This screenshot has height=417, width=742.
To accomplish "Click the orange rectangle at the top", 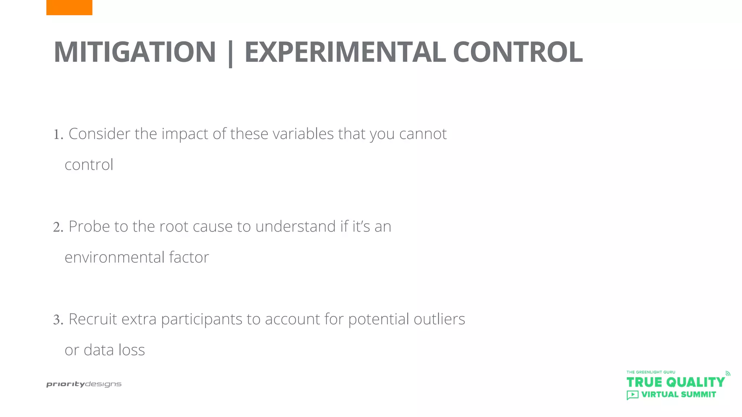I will pos(69,7).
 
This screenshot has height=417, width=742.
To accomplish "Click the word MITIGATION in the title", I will pos(135,52).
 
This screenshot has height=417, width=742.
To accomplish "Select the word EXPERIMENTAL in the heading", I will pos(345,52).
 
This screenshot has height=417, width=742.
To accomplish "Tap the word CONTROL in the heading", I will pos(518,52).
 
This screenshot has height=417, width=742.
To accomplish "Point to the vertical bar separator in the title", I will pos(230,54).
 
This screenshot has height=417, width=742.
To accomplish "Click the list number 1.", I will pos(58,135).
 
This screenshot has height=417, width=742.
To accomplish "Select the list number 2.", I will pos(58,227).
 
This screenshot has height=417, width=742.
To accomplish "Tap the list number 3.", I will pos(58,320).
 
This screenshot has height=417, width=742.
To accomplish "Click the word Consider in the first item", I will pos(99,134).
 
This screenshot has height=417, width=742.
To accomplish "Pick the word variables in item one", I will pos(303,134).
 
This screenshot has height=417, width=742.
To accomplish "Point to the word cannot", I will pos(423,134).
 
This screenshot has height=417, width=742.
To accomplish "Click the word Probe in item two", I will pos(89,227).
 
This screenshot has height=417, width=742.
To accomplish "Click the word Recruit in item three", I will pos(93,319).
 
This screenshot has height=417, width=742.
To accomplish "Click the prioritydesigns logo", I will pos(84,384).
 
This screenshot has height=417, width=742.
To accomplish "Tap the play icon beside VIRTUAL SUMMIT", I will pos(632,395).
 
